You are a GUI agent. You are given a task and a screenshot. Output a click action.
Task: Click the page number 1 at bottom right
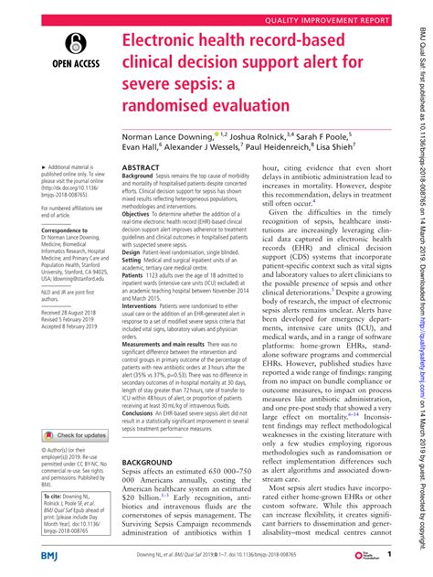[x=390, y=554]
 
